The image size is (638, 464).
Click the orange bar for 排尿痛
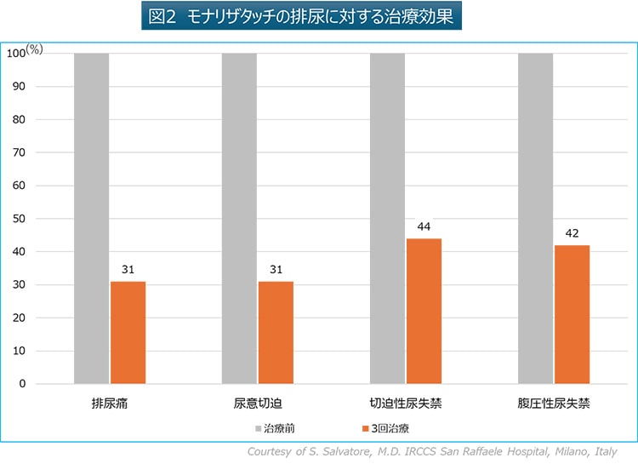128,332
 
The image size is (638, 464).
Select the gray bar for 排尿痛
91,218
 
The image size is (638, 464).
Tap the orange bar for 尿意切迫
276,332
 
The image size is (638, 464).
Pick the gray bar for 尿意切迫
239,218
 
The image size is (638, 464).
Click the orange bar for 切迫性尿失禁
424,311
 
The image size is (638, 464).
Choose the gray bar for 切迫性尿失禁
387,218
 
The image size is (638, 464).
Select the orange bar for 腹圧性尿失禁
572,314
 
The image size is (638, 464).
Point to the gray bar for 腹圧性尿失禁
535,218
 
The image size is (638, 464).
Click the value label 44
424,227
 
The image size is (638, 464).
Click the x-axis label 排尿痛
110,402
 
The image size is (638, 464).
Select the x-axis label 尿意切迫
257,402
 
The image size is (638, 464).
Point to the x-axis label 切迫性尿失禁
405,402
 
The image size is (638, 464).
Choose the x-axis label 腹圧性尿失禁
553,402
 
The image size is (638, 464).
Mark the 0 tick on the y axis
22,384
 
